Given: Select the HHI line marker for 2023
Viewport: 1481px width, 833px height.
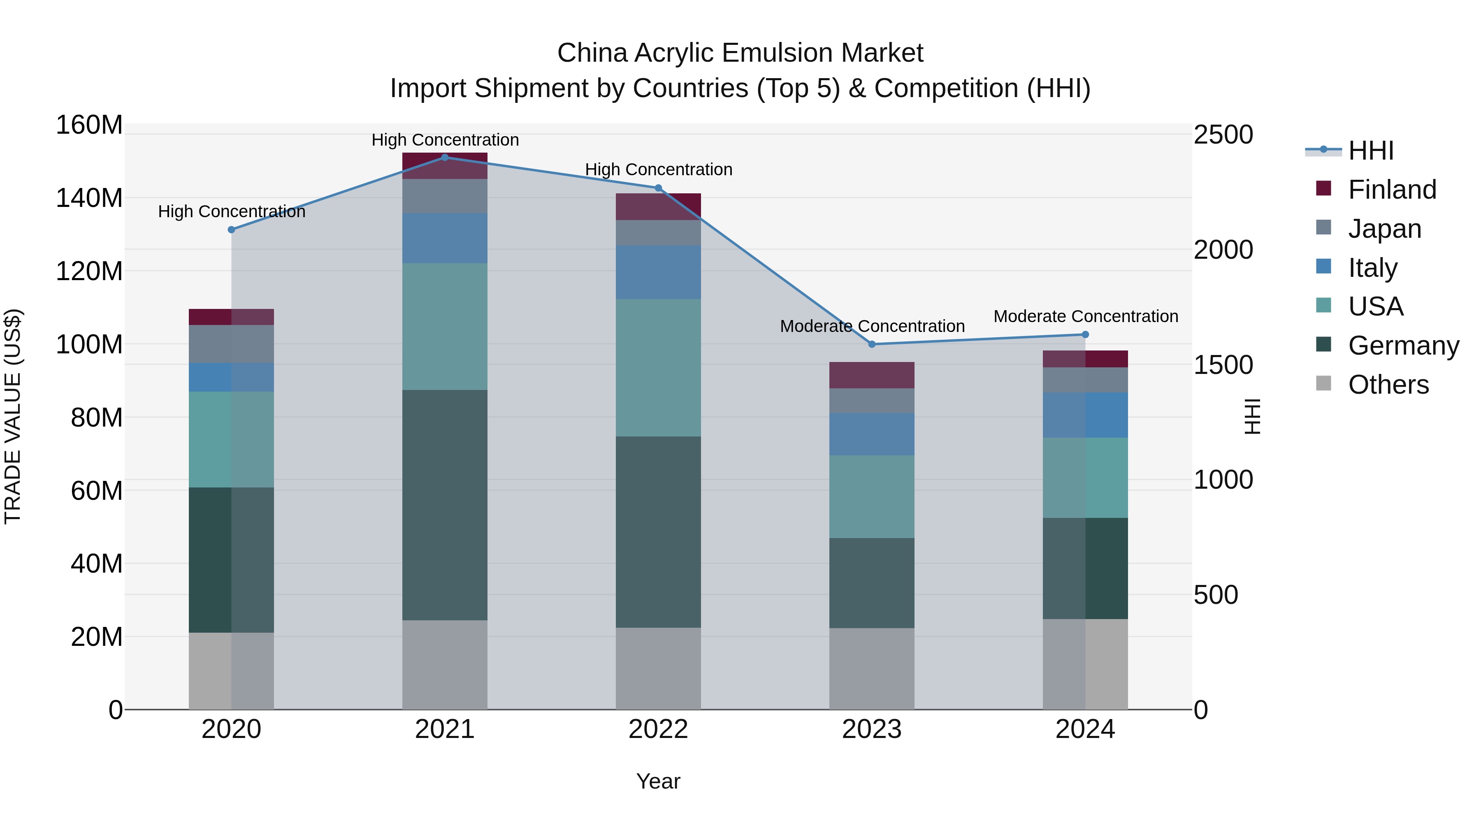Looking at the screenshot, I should click(872, 344).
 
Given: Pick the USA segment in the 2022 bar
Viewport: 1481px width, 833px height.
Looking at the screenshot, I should click(658, 367).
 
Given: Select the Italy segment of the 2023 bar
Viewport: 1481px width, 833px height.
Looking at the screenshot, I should click(872, 434).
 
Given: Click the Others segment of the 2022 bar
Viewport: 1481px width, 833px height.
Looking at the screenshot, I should click(658, 668).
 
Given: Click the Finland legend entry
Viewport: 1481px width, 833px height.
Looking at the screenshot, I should click(1391, 190).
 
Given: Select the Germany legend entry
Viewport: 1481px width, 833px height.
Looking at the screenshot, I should click(1403, 346).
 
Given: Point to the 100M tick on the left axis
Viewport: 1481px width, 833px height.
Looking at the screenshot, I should click(89, 344).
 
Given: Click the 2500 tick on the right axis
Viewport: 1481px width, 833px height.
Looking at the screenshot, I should click(1223, 135).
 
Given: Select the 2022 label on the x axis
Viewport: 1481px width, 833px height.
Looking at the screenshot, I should click(658, 729).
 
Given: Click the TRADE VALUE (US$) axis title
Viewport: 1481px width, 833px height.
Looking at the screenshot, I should click(13, 416).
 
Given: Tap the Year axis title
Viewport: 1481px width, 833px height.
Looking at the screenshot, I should click(658, 781).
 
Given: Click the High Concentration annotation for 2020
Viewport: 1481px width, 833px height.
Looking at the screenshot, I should click(232, 211).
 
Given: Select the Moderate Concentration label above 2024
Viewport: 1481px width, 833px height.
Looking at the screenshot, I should click(1086, 316).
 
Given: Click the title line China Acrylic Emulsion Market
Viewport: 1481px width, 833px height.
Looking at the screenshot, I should click(740, 53).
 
